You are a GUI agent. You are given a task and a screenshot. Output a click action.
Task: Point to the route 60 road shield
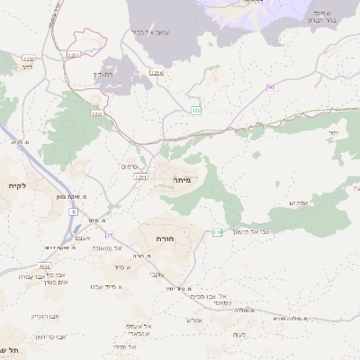point(269,86)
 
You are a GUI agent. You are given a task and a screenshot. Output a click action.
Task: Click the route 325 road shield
point(195,110)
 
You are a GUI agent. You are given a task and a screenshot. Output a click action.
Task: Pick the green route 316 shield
point(217,233)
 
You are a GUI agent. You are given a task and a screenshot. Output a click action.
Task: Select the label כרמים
point(128,166)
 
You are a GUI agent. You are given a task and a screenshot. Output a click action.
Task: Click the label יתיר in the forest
point(333,132)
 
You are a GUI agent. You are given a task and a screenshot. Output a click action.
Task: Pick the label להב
point(27,67)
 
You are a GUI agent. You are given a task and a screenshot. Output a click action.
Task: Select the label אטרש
point(194,319)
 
